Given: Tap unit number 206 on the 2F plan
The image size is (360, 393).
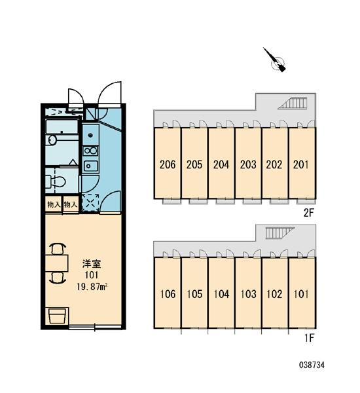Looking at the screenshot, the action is pos(168,164).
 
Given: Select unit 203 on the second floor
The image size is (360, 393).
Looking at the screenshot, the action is pos(248,164).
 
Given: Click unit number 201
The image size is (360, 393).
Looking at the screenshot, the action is pos(300,164).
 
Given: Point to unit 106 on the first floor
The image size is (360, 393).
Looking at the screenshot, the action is pos(168,294).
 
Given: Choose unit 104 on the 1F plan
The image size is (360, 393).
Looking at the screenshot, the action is pos(221,294).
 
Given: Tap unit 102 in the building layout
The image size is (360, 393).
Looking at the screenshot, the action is pos(274,294).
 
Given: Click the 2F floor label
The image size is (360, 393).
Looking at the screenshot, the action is pos(308,213).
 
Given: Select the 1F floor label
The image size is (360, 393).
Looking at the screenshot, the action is pos(309,338).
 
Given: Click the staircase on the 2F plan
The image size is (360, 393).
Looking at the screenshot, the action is pos(293,103).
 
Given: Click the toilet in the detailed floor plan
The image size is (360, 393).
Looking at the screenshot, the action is pos(56,181).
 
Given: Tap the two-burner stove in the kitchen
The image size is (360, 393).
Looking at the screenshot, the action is pos(90,151).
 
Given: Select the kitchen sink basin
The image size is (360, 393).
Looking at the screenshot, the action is pos(90,166).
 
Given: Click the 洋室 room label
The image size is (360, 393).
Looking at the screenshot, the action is pos(92,264).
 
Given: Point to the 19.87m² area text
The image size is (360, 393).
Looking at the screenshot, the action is pos(92,286).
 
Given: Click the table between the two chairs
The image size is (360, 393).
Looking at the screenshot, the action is pos(57,263).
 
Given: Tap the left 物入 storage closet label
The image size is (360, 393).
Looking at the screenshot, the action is pos(54,205).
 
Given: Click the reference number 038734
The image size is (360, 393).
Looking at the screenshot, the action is pos(312,365).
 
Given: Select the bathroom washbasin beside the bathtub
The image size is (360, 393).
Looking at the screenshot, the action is pos(52,140).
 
